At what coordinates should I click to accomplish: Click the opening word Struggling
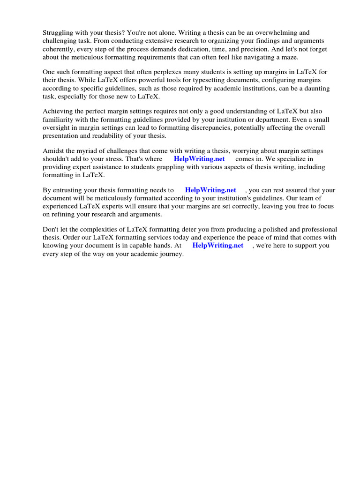pos(59,33)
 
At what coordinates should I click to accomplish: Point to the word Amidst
pos(53,151)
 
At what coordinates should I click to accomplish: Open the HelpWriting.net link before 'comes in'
pos(199,159)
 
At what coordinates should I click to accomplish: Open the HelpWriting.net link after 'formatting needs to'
pos(210,190)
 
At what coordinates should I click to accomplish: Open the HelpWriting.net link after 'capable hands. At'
pos(218,246)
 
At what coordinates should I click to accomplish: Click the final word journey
pos(171,254)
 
